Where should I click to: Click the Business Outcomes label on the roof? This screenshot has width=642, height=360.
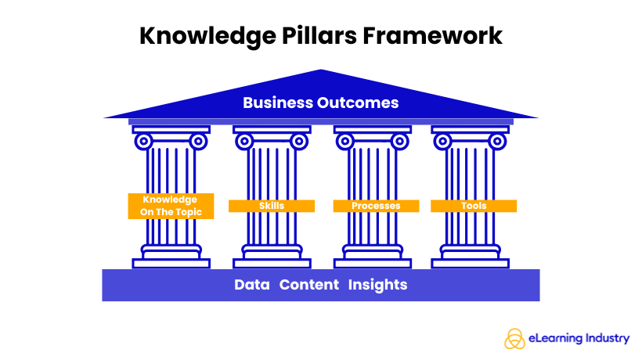click(320, 103)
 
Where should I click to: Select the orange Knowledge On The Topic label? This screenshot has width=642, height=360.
click(171, 206)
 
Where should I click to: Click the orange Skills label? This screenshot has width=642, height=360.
click(271, 206)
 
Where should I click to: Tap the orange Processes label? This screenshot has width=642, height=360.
click(376, 206)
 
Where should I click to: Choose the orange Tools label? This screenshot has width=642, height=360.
click(474, 206)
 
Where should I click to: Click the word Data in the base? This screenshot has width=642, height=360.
click(252, 285)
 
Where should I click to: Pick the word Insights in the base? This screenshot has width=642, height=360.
click(378, 285)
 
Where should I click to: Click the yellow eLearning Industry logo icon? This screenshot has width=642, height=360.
click(516, 338)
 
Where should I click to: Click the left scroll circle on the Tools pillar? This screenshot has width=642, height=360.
click(444, 142)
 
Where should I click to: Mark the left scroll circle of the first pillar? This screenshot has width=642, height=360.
click(143, 142)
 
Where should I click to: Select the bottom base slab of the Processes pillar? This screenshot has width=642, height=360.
click(373, 264)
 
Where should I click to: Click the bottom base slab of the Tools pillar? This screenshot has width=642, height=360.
click(474, 264)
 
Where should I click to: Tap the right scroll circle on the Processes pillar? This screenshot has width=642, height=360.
click(401, 142)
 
